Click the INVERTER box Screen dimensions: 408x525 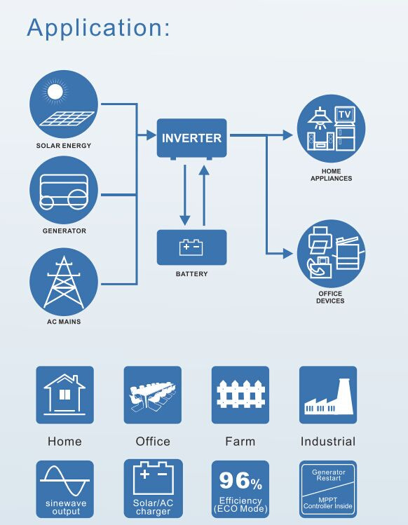(x=191, y=139)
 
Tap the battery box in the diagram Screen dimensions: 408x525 (x=191, y=247)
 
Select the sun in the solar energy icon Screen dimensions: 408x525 (x=55, y=92)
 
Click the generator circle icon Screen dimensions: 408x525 (x=64, y=191)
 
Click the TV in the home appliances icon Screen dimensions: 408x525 (x=345, y=115)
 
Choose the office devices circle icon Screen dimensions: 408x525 (x=331, y=254)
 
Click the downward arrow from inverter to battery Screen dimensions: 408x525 (x=185, y=195)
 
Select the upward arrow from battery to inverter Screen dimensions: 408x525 (x=204, y=196)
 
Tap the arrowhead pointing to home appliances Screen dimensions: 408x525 (x=287, y=135)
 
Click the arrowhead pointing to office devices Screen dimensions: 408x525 (x=287, y=254)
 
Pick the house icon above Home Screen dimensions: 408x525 (x=64, y=395)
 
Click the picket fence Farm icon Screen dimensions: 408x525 (x=240, y=395)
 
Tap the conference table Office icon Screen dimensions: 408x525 (x=152, y=395)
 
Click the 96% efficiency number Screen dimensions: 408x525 (x=240, y=480)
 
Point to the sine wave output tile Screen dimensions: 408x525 (x=64, y=489)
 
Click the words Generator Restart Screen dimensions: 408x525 (x=328, y=475)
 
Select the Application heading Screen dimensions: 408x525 (x=98, y=27)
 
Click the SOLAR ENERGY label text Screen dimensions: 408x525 (x=64, y=146)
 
